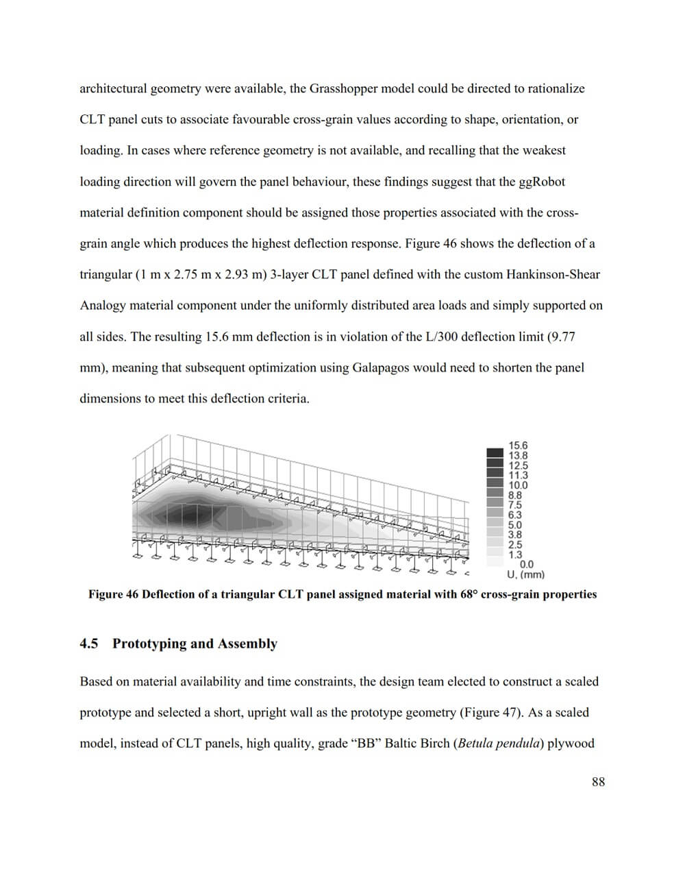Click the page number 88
598,782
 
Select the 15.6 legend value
518,446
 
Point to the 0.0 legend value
527,565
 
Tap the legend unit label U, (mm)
525,575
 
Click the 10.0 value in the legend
518,485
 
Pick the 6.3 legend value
515,515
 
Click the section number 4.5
88,644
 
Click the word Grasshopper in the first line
342,88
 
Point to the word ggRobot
542,182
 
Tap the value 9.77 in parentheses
562,337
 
